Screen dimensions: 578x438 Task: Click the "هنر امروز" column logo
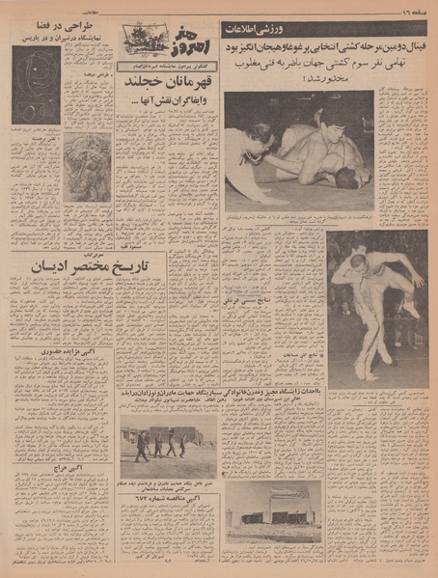click(151, 42)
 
